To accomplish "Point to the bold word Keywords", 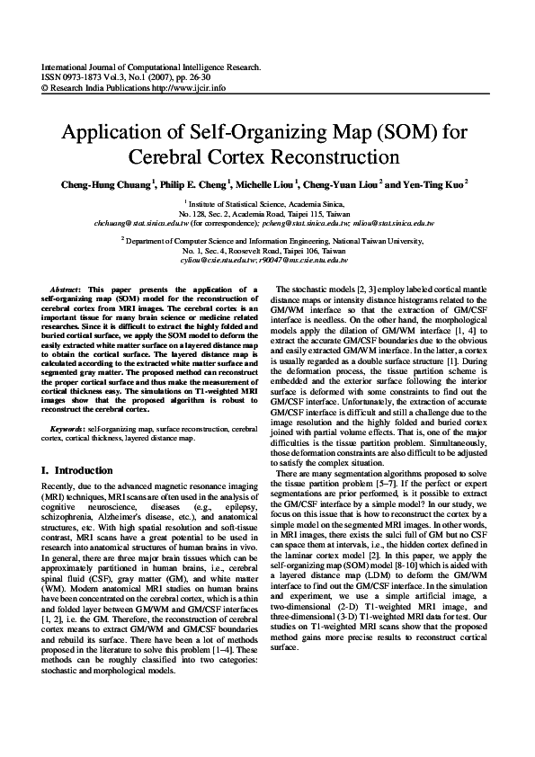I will pos(68,430).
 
